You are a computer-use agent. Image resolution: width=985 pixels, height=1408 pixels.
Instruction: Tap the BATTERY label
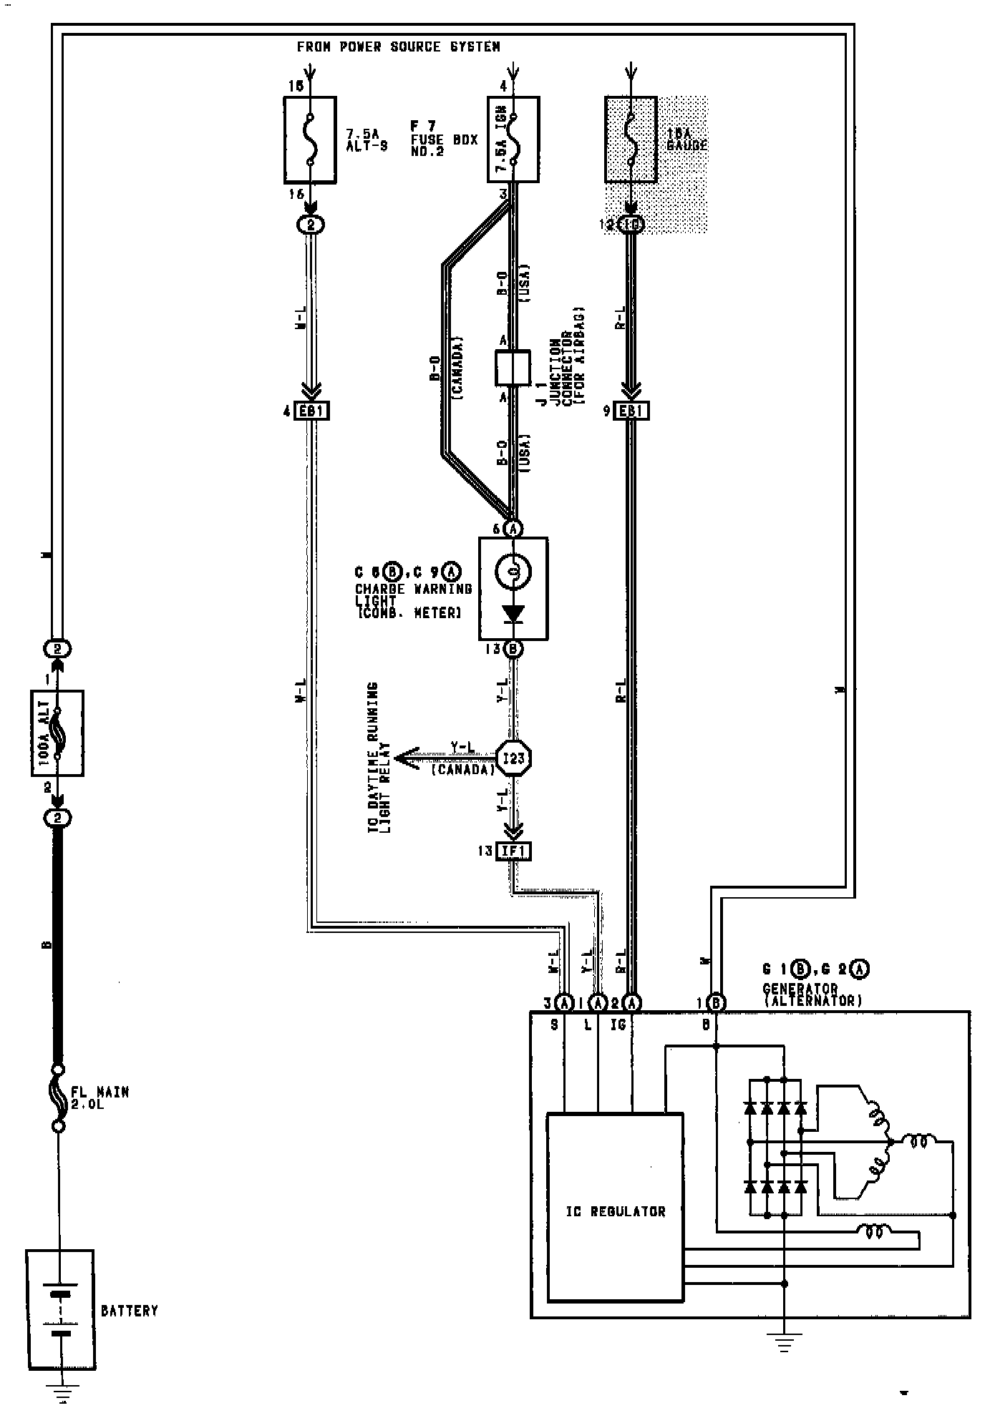129,1311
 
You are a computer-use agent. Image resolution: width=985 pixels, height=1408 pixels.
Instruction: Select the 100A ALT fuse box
57,733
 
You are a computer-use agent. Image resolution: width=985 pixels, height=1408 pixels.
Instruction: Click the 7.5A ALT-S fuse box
310,140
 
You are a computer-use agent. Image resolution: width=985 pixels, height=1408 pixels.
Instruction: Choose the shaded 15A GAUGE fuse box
631,140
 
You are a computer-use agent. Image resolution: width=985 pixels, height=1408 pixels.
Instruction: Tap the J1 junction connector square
513,367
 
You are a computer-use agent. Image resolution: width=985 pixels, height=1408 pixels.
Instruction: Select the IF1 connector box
514,851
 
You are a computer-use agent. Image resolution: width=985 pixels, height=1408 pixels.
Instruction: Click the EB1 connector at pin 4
311,411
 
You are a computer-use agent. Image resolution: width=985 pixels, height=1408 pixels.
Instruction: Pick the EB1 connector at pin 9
631,411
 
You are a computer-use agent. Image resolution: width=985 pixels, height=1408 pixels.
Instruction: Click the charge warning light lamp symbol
513,571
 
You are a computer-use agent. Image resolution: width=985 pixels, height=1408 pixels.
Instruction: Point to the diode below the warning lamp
513,614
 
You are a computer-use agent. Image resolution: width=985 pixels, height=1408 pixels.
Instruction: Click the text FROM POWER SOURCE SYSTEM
398,47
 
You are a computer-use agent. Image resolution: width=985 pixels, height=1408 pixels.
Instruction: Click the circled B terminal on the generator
717,1003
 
